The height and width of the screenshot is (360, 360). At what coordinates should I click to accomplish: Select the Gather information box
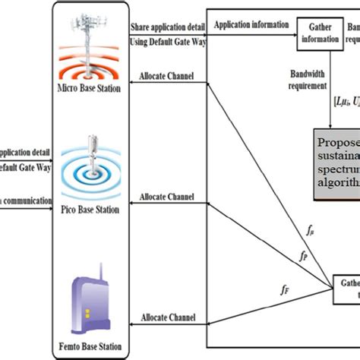point(319,33)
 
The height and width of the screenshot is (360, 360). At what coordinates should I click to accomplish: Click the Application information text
point(251,24)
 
